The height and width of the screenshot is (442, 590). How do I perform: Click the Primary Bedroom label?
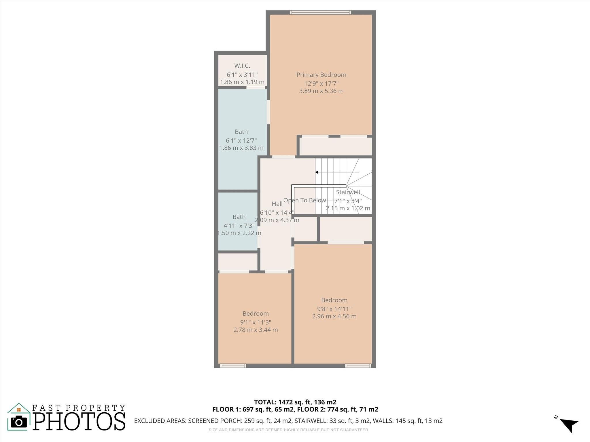coord(321,75)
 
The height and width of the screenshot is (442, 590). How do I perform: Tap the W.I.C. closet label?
coord(242,66)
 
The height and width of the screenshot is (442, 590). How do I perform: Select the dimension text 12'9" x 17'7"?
coord(321,84)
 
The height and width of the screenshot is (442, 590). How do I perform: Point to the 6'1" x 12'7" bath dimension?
coord(241,141)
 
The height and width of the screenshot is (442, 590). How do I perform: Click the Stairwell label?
coord(348,192)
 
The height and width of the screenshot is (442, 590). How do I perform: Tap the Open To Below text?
coord(305,200)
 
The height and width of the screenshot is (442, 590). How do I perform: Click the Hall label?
coord(277,204)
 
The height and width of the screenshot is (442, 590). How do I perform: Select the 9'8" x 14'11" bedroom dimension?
coord(334,309)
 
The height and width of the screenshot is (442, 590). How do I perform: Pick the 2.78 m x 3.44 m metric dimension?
coord(256,330)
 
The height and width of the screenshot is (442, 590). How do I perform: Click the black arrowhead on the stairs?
coord(317,172)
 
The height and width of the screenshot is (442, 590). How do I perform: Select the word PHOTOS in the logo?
coord(79,422)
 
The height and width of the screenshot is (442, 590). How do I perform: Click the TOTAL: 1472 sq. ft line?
coord(295,402)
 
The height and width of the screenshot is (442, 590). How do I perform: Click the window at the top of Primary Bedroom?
coord(320,12)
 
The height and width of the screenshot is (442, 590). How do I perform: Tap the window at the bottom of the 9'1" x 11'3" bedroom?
coord(233,366)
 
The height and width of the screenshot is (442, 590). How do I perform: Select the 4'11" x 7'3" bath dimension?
coord(239,226)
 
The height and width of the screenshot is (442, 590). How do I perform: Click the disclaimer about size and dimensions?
coord(288,430)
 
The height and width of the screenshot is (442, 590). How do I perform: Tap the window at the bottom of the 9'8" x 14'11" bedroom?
coord(358,366)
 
